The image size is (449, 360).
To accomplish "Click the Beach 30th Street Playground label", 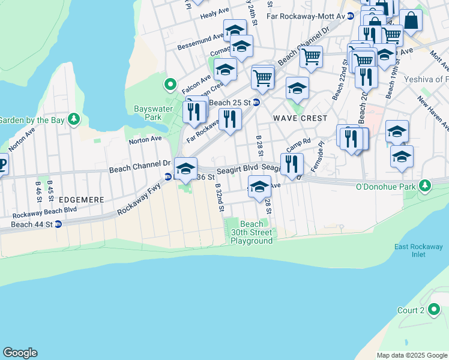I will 252,233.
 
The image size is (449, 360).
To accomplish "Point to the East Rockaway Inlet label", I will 418,251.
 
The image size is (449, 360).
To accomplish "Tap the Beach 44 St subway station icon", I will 58,225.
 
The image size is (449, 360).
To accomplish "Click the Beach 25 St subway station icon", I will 256,102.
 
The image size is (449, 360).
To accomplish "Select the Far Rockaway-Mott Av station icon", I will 350,16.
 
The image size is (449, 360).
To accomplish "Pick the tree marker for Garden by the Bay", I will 74,119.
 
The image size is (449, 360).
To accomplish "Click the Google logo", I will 20,353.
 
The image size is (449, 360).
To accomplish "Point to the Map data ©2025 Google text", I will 412,355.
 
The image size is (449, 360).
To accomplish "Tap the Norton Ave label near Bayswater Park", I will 145,139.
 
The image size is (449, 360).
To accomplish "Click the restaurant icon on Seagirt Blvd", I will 292,164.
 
